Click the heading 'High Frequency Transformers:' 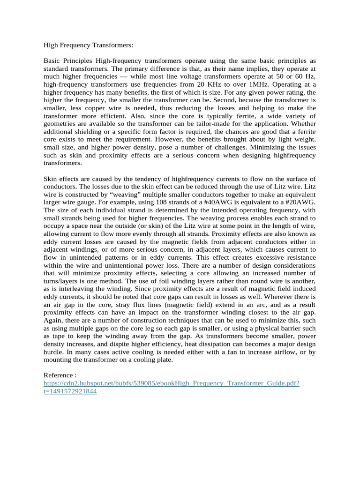89,45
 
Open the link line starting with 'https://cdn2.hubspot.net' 172,383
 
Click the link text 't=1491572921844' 70,391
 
